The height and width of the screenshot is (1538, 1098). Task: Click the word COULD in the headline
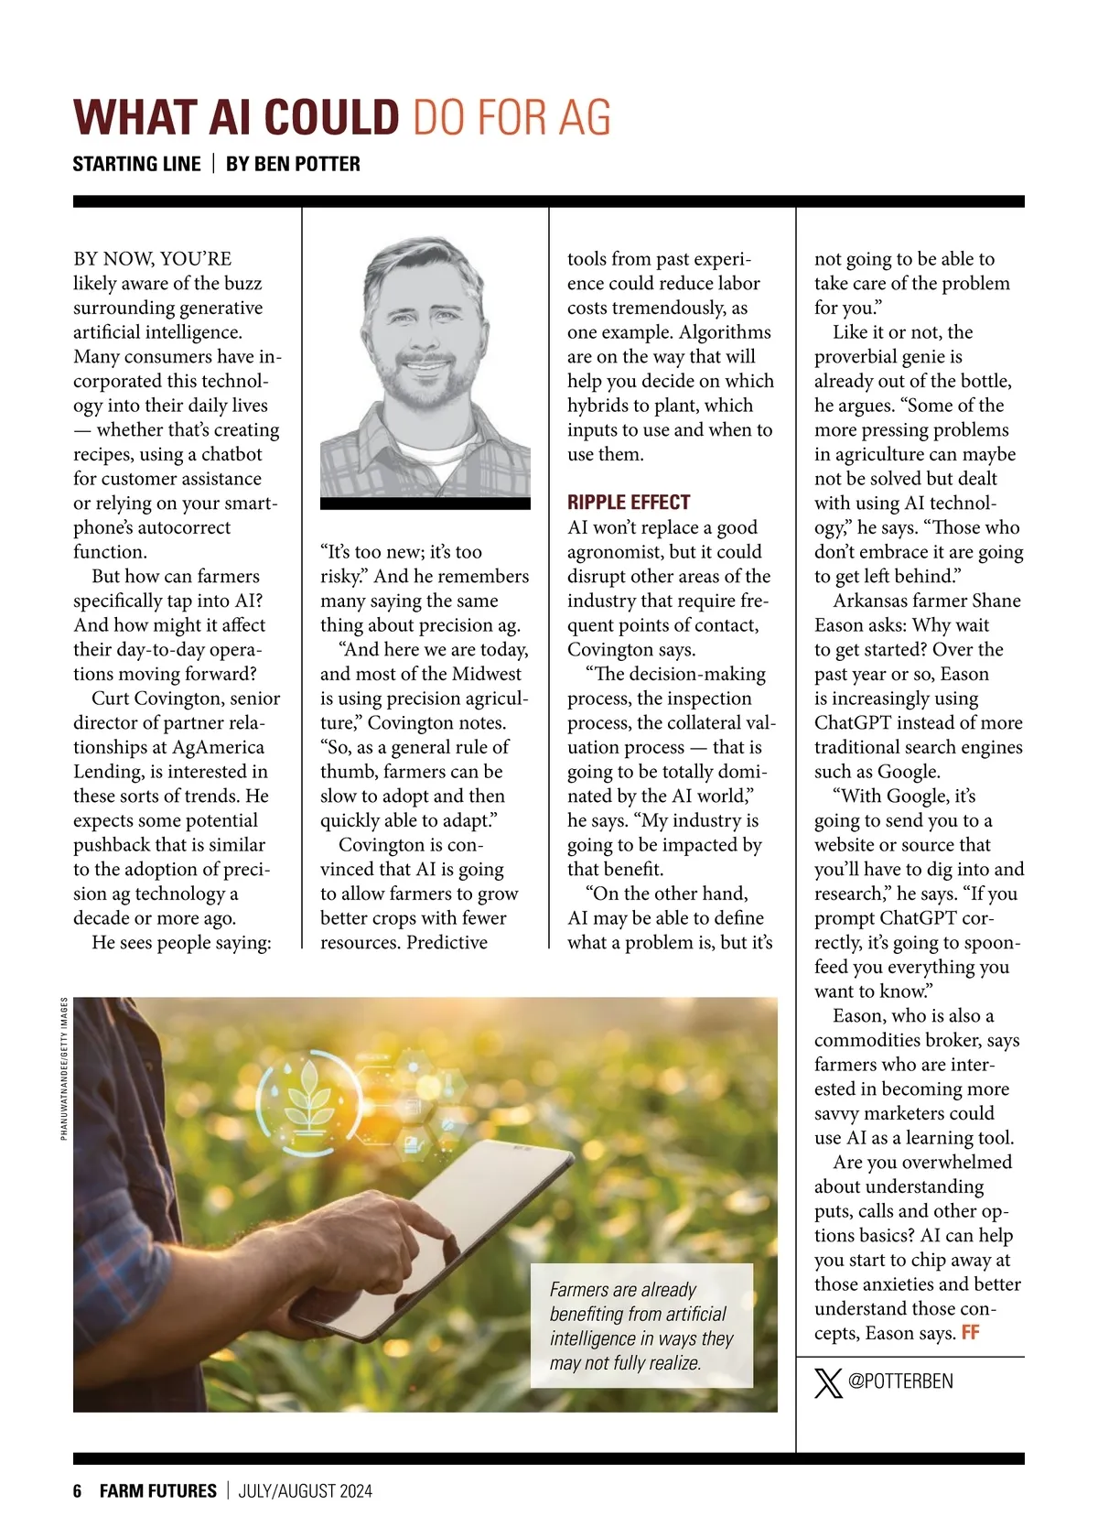(332, 118)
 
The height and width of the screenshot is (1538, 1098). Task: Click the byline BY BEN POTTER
(293, 164)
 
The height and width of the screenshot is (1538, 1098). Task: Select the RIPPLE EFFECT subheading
(629, 502)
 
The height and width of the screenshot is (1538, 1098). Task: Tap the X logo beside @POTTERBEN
(828, 1381)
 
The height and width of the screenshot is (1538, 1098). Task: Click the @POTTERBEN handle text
(900, 1381)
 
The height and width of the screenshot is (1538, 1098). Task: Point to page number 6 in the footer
(78, 1490)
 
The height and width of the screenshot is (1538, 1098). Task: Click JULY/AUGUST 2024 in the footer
(306, 1490)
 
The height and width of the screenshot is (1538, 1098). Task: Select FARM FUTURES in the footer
(158, 1490)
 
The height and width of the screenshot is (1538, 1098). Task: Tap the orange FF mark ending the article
(970, 1333)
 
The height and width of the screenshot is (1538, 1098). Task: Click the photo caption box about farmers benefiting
(641, 1326)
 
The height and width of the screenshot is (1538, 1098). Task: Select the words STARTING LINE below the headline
(136, 164)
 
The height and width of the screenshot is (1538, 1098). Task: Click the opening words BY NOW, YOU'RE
(152, 259)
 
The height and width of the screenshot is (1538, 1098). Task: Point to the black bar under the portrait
(425, 504)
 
